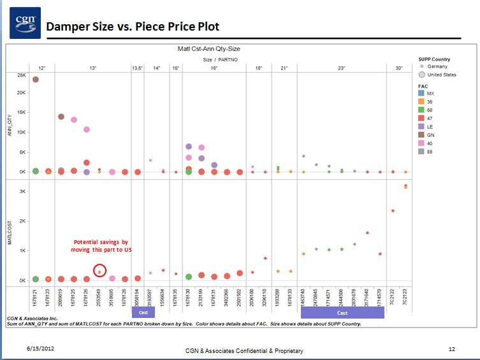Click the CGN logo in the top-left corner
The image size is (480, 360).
pos(25,23)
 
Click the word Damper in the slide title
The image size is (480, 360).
pos(66,27)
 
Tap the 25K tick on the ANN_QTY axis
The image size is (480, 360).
pos(21,75)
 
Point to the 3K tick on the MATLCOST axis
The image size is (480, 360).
pos(22,191)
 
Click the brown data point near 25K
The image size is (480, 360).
pos(36,80)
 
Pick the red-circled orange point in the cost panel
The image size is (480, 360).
pos(99,271)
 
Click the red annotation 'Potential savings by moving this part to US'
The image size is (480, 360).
pos(101,246)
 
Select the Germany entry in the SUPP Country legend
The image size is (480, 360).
pos(437,66)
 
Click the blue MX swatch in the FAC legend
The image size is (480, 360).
pos(421,93)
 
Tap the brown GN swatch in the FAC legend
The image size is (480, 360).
pos(421,134)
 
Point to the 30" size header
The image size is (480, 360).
pos(398,68)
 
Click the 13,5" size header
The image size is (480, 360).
pos(138,68)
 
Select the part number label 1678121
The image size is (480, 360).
pos(36,298)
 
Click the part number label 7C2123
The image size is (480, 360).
pos(405,297)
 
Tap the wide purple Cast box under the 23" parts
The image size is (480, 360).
pos(342,313)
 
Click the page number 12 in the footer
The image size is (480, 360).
pos(451,349)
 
